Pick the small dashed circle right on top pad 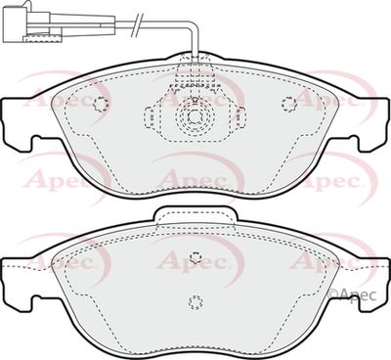(287, 105)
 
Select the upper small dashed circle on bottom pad (195, 259)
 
